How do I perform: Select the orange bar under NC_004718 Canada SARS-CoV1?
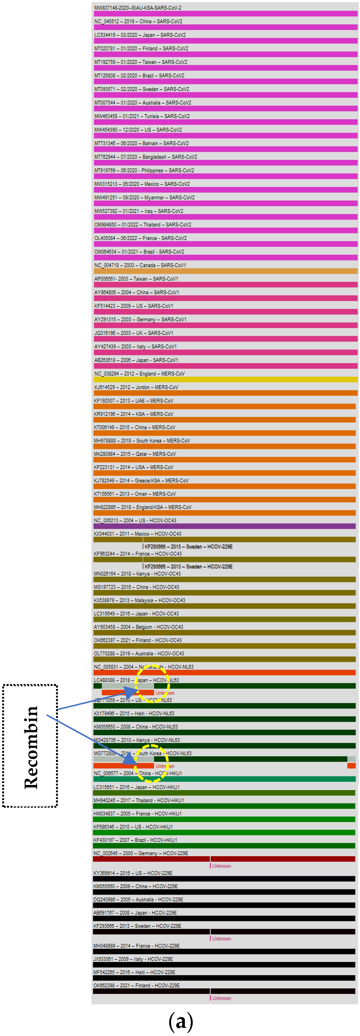tap(225, 271)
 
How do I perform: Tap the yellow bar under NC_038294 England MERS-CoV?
tap(225, 379)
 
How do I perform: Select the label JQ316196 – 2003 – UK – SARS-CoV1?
tap(133, 333)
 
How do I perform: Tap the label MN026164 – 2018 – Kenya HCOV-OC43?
tap(137, 573)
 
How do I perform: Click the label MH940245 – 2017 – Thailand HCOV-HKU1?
tap(139, 800)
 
